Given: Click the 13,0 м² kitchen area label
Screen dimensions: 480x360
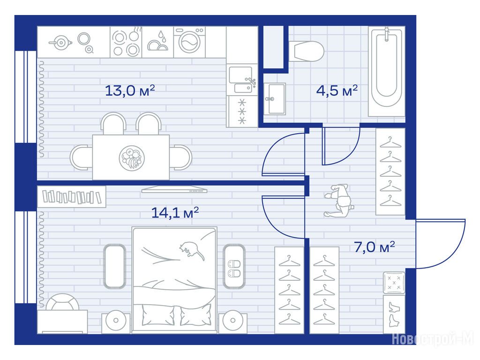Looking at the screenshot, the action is click(130, 90).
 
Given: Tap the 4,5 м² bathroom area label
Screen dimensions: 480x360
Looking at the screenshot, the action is click(337, 90).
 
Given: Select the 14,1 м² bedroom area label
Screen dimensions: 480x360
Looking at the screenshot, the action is click(175, 212).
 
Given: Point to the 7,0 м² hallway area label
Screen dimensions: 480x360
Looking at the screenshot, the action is click(374, 247).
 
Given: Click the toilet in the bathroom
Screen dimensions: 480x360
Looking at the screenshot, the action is click(307, 51).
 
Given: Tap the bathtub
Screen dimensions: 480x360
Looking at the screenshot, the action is click(387, 72).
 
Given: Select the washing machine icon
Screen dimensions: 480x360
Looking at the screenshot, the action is click(189, 42).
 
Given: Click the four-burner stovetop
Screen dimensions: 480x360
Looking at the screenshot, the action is click(126, 42).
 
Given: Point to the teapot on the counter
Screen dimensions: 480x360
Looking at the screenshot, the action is click(60, 43).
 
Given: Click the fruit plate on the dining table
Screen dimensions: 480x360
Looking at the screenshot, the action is click(132, 158).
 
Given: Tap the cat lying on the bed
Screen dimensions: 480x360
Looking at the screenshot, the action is click(192, 250).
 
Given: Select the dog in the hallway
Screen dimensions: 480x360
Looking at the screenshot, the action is click(338, 201).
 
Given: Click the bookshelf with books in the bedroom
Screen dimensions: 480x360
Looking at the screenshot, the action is click(72, 197).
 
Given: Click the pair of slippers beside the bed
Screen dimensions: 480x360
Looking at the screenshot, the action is click(234, 269).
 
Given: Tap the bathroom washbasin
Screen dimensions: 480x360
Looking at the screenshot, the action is click(275, 99).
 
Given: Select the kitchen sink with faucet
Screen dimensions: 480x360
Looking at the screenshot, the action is click(242, 80).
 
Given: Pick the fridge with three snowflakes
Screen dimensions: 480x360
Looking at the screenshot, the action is click(242, 111).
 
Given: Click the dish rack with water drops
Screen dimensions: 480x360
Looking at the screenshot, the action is click(158, 42).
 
